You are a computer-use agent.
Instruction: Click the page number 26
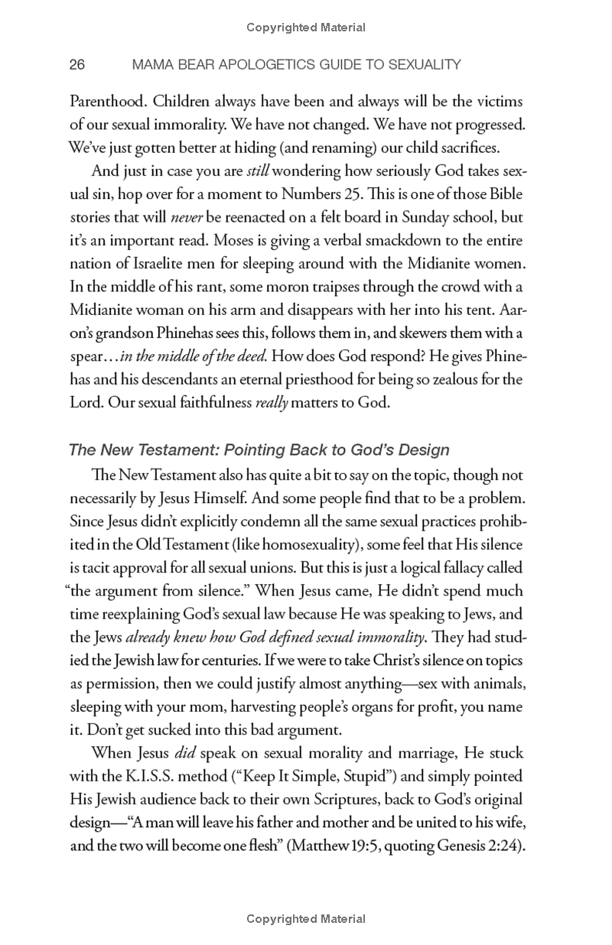[76, 64]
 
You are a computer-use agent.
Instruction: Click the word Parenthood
[104, 102]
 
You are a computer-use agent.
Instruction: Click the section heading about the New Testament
[259, 450]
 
